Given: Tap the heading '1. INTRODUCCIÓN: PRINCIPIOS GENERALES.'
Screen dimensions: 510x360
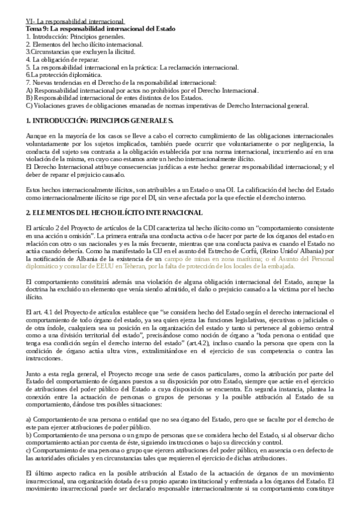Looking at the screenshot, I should point(99,121).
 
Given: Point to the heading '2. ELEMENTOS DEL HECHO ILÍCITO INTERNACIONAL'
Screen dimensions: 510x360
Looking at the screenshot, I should point(107,197).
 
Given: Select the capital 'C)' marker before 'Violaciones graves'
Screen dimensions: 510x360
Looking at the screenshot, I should point(29,106).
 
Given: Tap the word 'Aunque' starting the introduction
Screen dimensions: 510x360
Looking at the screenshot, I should point(37,138).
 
